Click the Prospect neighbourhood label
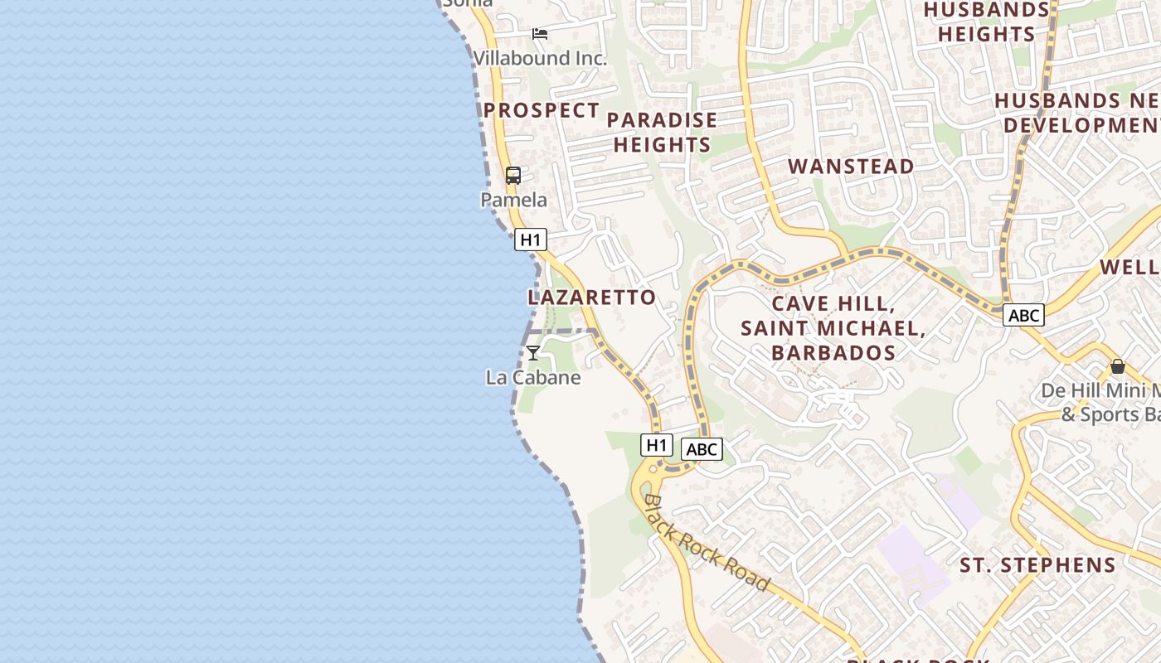(x=542, y=110)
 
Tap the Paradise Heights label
(x=662, y=132)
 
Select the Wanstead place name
(x=851, y=166)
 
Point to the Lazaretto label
(x=591, y=297)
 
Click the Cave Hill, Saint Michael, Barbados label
(x=833, y=327)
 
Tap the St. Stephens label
(x=1037, y=565)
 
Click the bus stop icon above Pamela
(x=513, y=176)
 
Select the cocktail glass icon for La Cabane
(x=533, y=353)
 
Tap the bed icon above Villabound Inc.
(x=540, y=34)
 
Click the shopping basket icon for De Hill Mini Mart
(x=1118, y=366)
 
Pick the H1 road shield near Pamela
(x=531, y=240)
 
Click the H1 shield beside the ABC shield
(x=656, y=445)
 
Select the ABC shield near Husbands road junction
(x=1023, y=315)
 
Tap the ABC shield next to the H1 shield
(x=702, y=449)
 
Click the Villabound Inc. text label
(x=540, y=58)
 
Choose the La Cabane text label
(x=533, y=377)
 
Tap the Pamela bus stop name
(x=514, y=200)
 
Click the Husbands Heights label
(x=986, y=22)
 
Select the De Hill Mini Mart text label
(x=1103, y=402)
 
